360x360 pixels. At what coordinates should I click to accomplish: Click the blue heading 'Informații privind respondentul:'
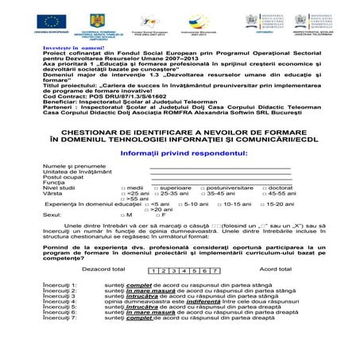coord(179,151)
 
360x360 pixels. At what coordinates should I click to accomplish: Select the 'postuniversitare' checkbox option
coord(203,188)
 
